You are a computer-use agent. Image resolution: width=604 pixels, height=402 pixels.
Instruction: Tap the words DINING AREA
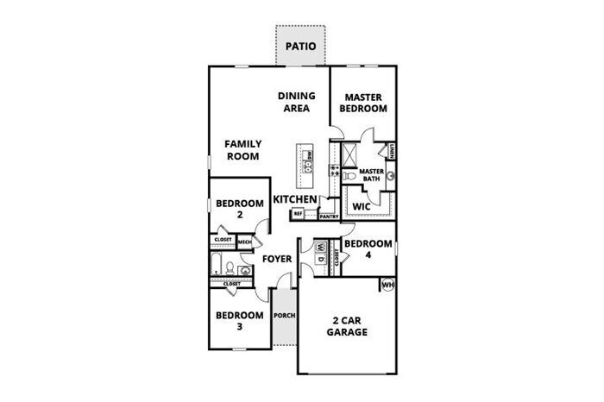tap(297, 102)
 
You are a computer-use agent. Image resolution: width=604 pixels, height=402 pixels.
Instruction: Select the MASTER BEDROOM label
tap(363, 103)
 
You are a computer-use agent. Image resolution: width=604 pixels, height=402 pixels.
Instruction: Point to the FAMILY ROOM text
tap(243, 150)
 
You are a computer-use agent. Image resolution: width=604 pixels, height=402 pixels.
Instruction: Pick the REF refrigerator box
tap(299, 212)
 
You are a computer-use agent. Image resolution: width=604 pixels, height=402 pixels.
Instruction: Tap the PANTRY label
tap(329, 217)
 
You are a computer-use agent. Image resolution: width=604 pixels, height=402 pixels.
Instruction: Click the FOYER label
tap(278, 259)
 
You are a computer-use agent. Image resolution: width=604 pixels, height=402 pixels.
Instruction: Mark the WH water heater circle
tap(387, 284)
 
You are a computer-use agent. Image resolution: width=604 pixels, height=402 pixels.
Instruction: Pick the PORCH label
tap(285, 316)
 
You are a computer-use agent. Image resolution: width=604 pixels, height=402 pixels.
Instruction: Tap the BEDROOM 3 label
tap(239, 321)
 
